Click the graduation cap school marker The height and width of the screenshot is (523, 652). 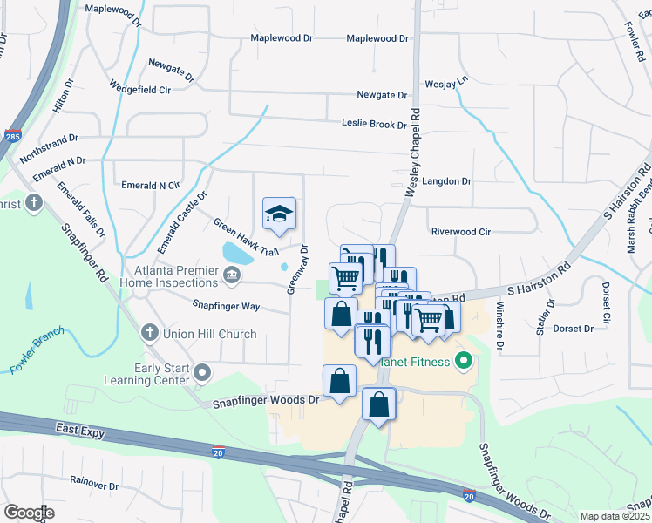pyautogui.click(x=280, y=214)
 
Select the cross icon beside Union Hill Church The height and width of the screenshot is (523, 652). pyautogui.click(x=149, y=334)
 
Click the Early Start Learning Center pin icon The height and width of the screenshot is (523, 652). pyautogui.click(x=202, y=374)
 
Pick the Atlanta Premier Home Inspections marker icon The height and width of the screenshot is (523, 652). pyautogui.click(x=231, y=276)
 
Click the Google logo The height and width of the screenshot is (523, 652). pyautogui.click(x=29, y=513)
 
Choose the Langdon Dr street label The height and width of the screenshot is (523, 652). pyautogui.click(x=446, y=181)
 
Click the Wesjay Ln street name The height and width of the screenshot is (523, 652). pyautogui.click(x=446, y=80)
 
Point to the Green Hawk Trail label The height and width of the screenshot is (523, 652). pyautogui.click(x=246, y=237)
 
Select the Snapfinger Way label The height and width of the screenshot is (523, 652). pyautogui.click(x=226, y=306)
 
